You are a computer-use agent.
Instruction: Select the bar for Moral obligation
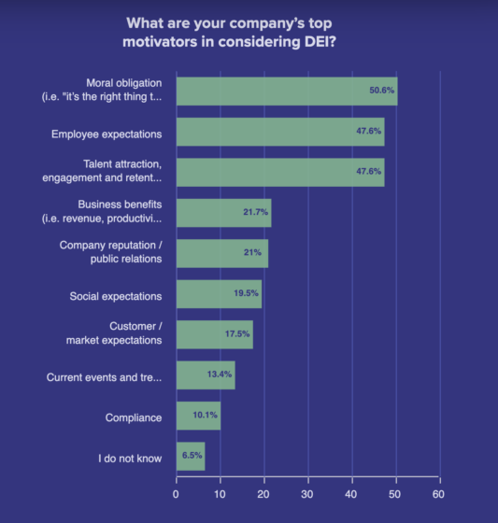coord(286,92)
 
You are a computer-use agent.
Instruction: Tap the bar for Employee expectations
coord(279,132)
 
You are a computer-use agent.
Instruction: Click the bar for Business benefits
coord(223,213)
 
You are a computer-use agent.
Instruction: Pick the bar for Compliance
coord(198,417)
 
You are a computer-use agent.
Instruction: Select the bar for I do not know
coord(190,457)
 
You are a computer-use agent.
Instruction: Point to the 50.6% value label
coord(381,92)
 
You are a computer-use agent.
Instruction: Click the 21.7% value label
coord(254,213)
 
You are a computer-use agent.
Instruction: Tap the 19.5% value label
coord(245,294)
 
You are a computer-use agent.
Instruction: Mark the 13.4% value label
coord(219,375)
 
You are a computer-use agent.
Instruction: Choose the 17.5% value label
coord(236,335)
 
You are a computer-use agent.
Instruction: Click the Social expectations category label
coord(116,296)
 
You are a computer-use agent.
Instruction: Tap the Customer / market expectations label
coord(114,333)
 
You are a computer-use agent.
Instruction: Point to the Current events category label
coord(104,377)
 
